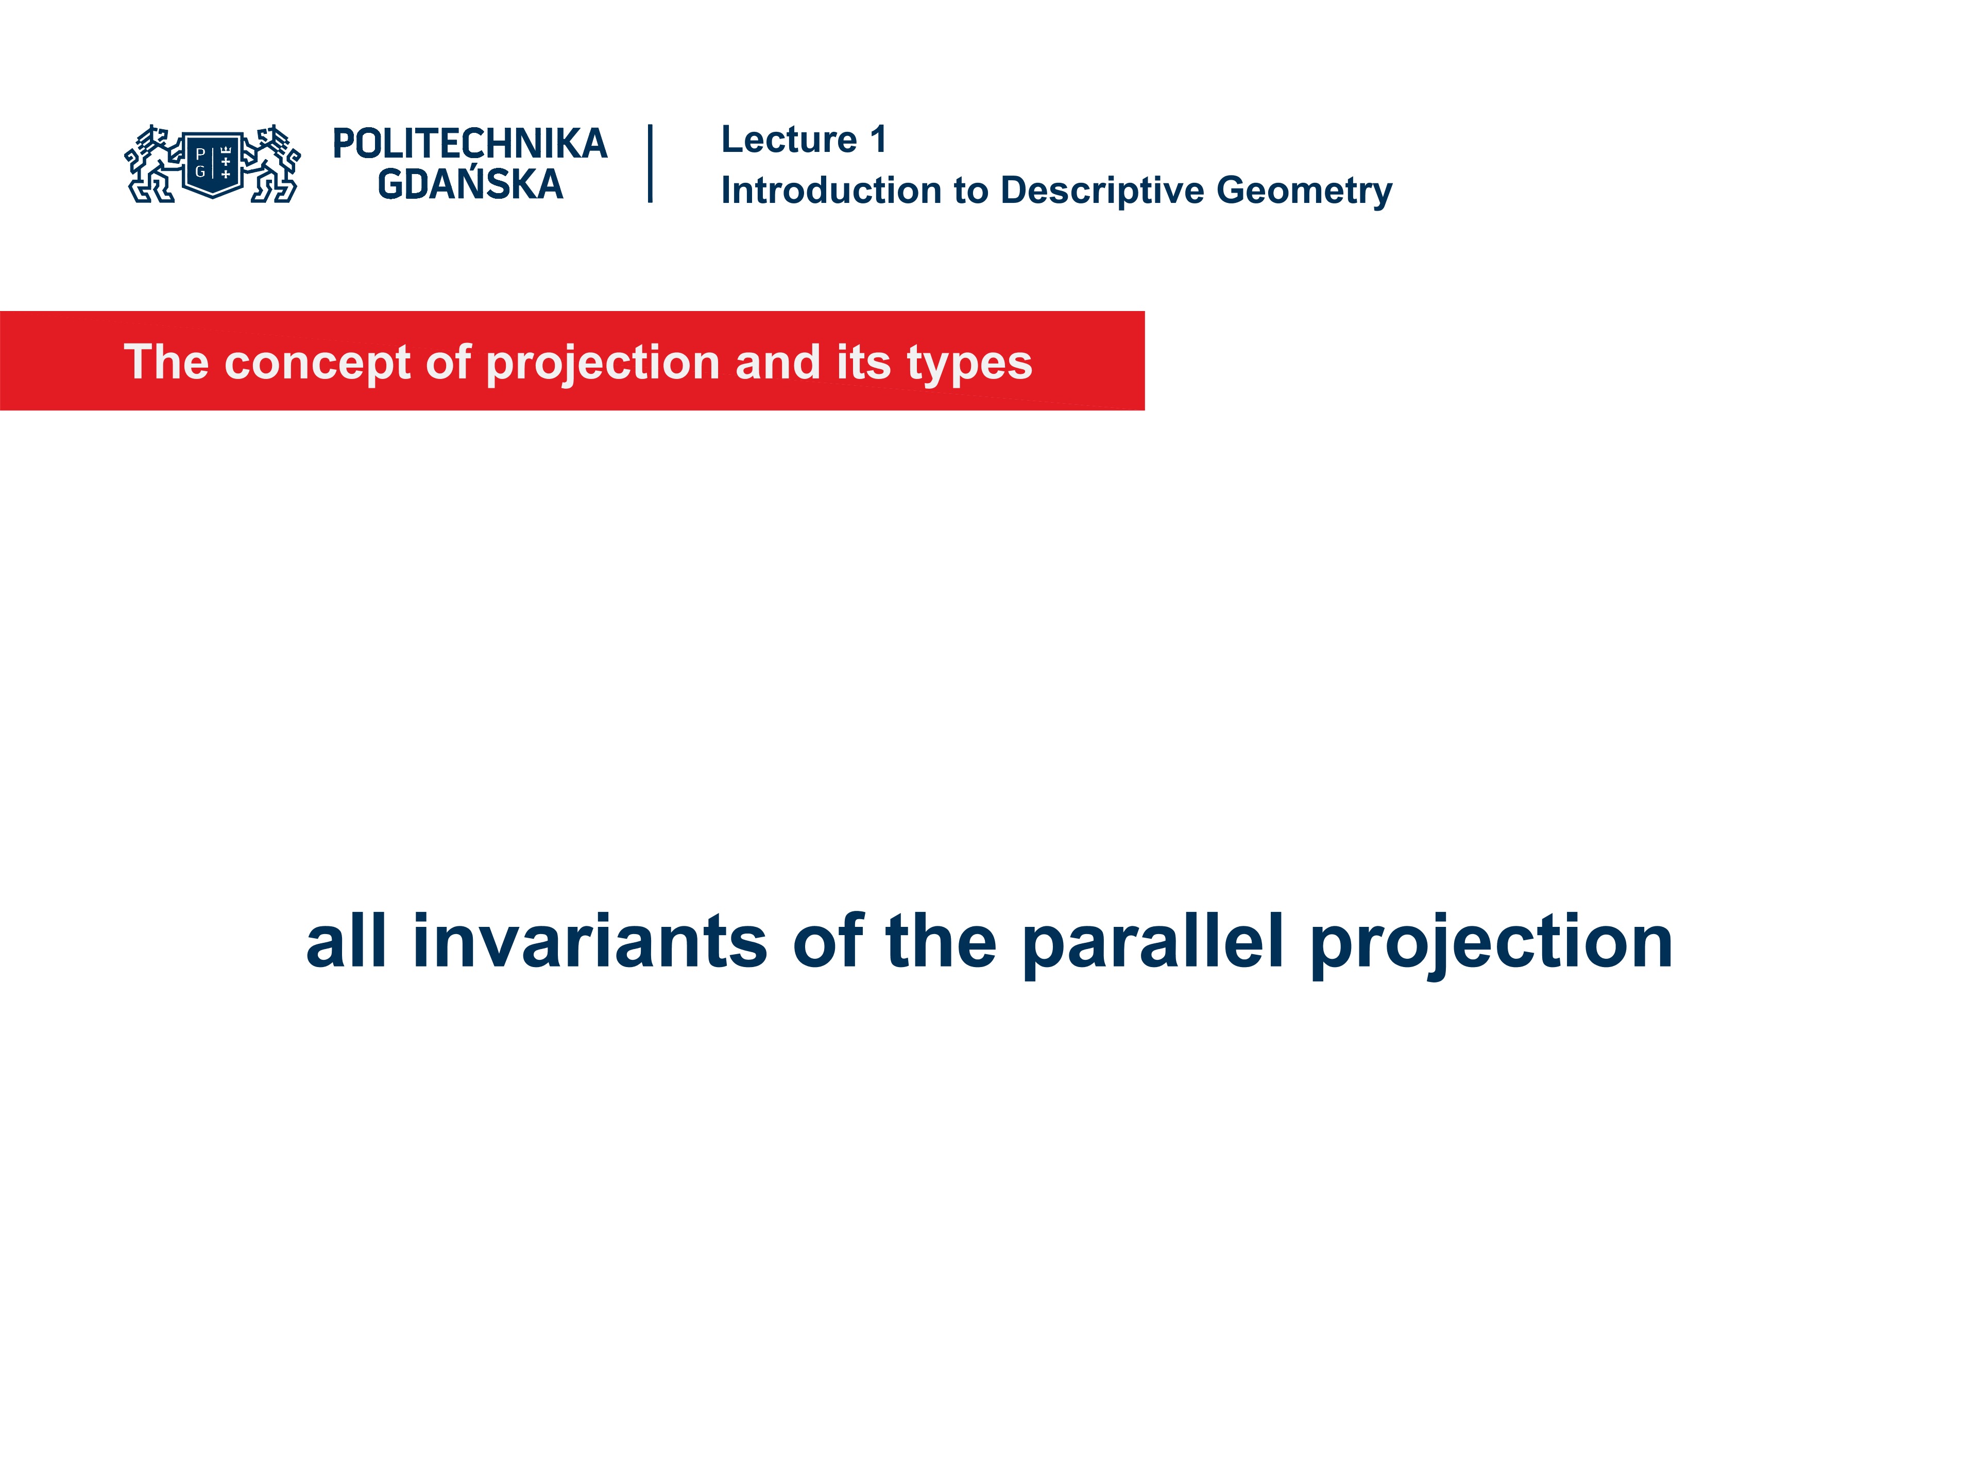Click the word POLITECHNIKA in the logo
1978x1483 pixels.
tap(469, 144)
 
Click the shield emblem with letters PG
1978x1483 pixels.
tap(213, 164)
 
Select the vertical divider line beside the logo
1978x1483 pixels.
tap(650, 164)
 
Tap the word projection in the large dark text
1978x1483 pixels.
tap(1491, 943)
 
